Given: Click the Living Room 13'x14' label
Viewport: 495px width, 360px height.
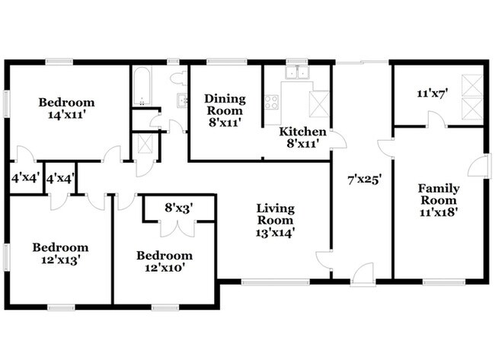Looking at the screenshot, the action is coord(275,220).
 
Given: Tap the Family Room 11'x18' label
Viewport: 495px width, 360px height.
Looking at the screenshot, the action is coord(439,200).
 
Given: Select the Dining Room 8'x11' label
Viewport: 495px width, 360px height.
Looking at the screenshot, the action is coord(225,110).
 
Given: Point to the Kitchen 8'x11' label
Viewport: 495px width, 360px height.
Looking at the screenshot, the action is coord(302,138).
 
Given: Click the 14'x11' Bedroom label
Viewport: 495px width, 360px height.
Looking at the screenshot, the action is coord(66,109).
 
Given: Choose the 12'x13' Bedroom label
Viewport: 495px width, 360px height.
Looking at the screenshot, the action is coord(60,253).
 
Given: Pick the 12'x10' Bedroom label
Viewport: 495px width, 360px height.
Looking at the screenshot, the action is coord(164,262).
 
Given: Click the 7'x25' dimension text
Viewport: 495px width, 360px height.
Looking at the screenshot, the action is coord(365,180).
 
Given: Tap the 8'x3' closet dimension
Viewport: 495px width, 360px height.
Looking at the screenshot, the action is coord(179,208).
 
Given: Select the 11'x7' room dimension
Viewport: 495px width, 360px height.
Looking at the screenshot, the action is coord(433,94).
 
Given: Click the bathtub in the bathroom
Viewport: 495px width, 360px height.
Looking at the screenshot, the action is coord(142,86).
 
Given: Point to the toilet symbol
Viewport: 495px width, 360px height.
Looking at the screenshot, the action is coord(178,78).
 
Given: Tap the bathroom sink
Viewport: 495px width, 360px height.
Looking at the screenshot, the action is coord(182,100).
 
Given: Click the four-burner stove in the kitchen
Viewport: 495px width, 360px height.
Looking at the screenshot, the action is coord(272,102).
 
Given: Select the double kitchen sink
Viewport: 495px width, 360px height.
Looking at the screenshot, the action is coord(297,72).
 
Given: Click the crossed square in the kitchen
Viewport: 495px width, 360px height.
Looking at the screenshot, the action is coord(320,104).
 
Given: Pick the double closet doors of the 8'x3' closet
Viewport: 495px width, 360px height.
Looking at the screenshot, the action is coord(178,228).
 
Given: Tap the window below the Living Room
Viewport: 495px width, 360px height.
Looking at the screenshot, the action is coord(276,282).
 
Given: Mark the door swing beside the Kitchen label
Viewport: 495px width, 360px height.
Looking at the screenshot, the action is coord(338,139).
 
